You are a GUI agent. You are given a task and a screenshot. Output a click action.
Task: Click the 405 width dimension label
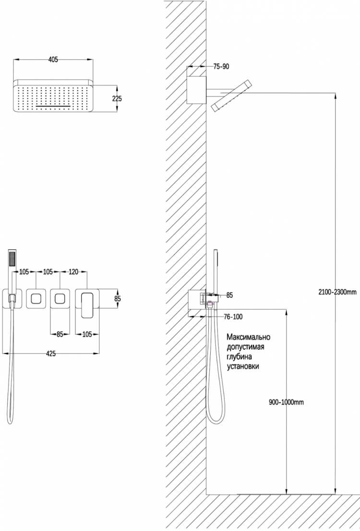53,59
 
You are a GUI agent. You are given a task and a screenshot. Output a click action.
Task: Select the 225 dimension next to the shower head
117,98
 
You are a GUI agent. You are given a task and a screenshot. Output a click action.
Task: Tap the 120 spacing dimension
73,271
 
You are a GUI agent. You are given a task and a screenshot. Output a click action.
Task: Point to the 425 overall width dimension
51,354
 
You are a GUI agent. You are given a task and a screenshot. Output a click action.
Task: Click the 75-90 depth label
221,67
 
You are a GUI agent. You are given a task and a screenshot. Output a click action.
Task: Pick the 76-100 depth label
233,317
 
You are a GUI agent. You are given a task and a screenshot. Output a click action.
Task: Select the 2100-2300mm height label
337,292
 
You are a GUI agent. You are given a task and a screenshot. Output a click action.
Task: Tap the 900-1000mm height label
287,402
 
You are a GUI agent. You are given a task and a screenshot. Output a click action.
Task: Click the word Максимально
249,337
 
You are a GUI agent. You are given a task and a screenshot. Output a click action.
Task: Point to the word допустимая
245,347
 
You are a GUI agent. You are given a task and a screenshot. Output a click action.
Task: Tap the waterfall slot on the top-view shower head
53,106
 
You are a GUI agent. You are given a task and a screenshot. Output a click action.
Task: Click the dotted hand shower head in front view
12,259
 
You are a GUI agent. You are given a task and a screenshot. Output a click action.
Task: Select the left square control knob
36,299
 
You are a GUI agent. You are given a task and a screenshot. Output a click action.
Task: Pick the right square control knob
60,299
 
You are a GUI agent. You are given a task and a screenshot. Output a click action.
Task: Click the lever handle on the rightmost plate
87,305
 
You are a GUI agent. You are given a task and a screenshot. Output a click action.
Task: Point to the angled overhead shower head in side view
231,96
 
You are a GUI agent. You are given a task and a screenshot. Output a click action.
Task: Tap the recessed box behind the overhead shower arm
197,90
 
